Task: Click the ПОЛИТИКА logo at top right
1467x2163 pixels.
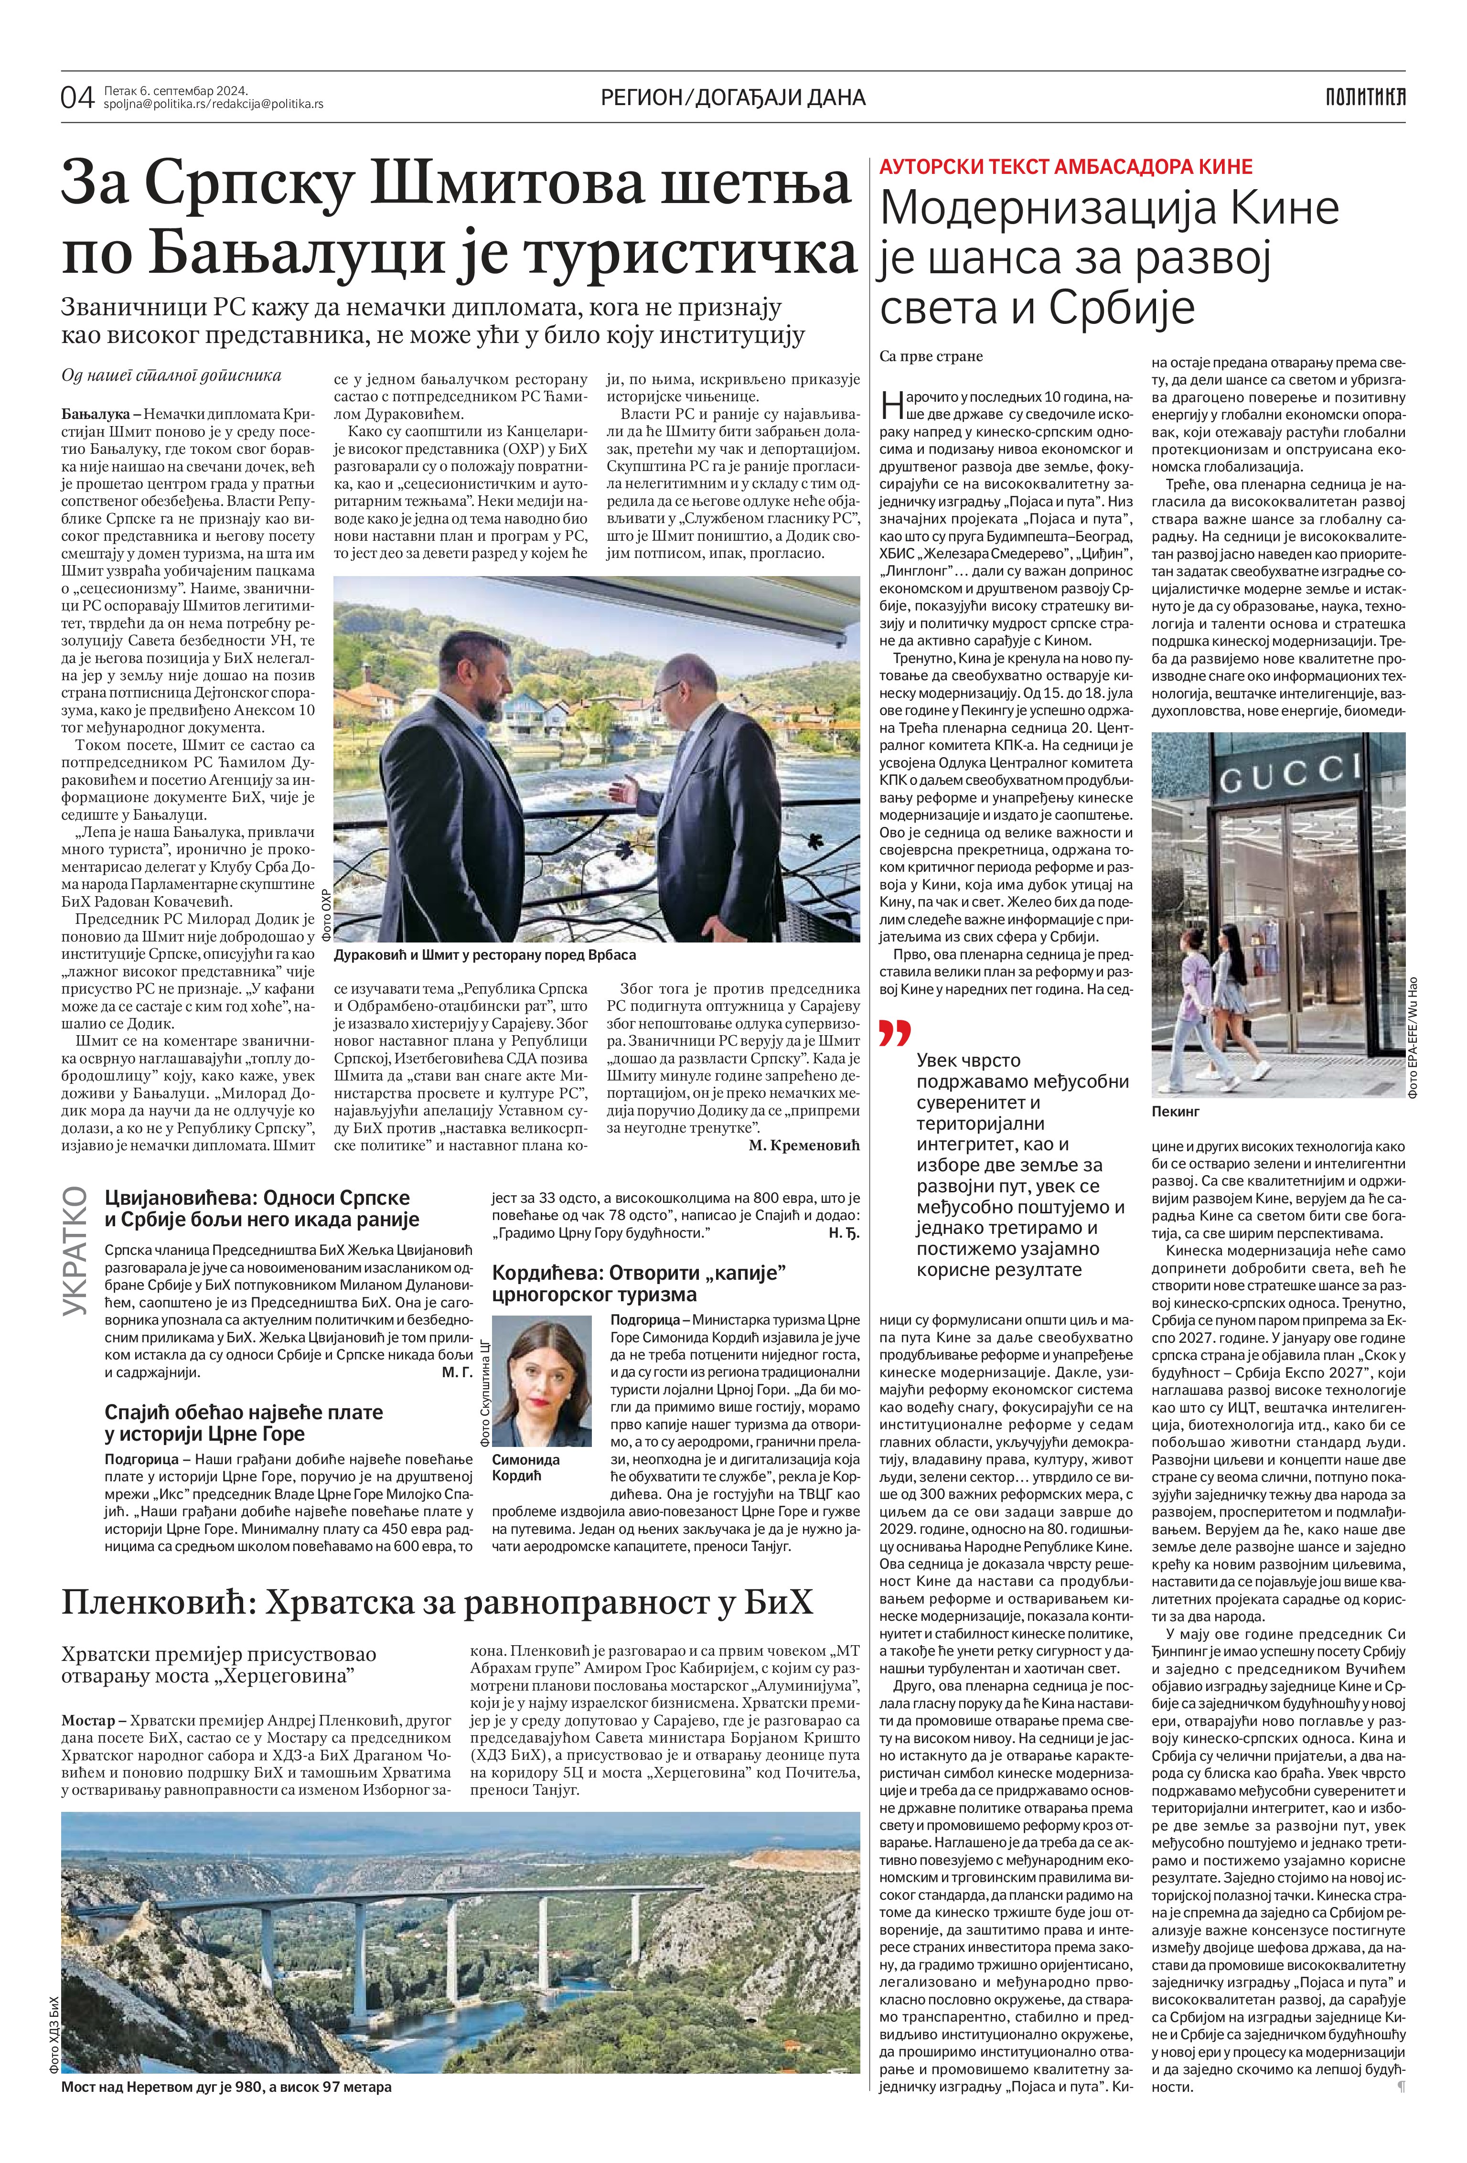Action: (x=1365, y=96)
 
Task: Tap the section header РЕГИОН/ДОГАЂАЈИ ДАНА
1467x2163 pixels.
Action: (x=734, y=97)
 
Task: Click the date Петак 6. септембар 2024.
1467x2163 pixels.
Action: (x=176, y=90)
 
